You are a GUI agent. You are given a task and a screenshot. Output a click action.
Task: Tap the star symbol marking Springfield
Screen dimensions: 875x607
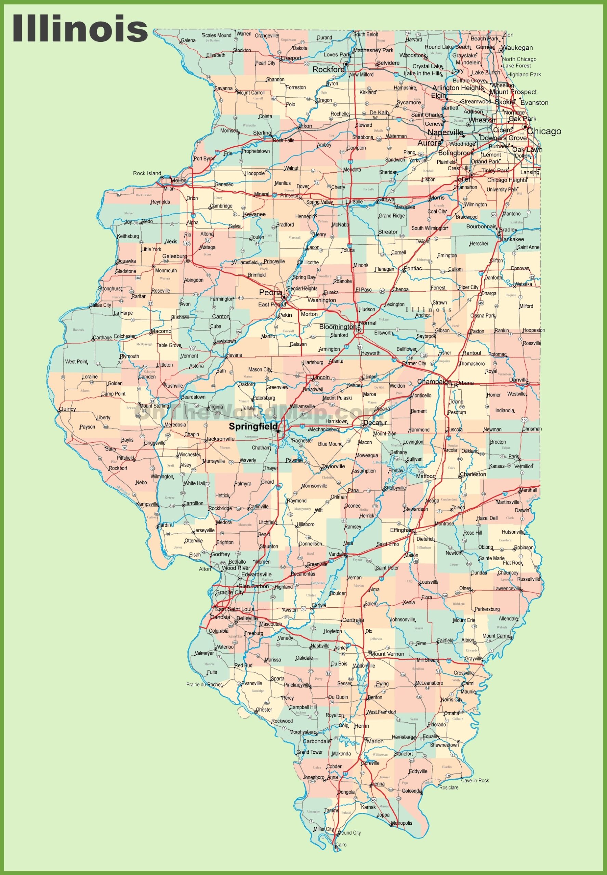point(278,431)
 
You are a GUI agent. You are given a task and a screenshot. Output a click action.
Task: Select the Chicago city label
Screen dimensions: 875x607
point(544,131)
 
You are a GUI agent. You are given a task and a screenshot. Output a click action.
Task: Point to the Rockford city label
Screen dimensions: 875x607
point(329,70)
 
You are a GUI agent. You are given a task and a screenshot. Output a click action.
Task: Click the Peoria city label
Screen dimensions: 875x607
point(270,292)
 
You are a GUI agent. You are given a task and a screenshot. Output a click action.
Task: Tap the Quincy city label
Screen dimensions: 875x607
point(68,409)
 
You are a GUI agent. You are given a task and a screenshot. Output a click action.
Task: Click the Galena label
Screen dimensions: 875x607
point(188,40)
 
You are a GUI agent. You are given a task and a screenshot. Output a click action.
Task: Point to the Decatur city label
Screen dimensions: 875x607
point(375,423)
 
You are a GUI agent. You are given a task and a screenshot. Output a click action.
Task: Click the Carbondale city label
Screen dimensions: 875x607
point(317,741)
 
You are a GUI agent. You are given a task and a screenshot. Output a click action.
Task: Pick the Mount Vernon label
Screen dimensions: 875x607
point(387,654)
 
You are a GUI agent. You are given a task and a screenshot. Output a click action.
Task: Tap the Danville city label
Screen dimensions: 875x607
point(519,380)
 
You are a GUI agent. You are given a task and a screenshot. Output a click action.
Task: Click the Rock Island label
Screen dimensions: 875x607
point(147,173)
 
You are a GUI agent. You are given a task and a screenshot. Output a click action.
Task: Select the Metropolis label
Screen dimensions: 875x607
point(401,823)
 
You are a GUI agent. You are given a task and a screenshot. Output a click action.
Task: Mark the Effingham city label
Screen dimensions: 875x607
point(403,530)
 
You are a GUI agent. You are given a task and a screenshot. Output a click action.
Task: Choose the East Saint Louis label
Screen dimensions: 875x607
point(234,609)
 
